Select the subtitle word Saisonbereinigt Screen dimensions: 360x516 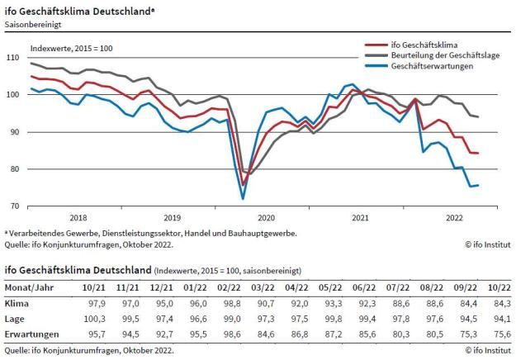coord(32,26)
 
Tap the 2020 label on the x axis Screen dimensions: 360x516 coord(266,218)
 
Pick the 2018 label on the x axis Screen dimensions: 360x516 coord(78,218)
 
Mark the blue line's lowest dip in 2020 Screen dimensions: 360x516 coord(243,198)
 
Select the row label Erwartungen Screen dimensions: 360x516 coord(31,334)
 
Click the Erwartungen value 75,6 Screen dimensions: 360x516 coord(498,334)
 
